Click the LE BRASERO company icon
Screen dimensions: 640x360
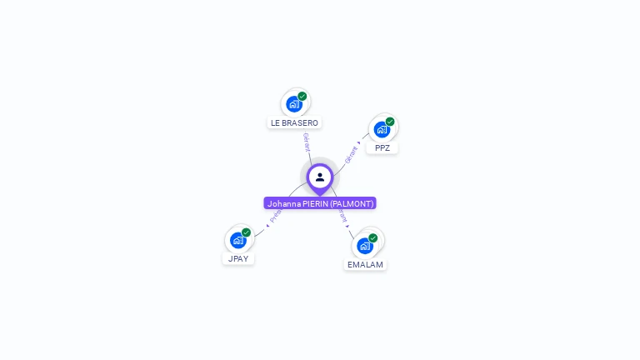click(x=293, y=104)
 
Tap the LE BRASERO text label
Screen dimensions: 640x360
click(x=294, y=122)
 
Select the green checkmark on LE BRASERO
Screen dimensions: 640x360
click(x=302, y=97)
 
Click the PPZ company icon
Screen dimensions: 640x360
click(x=382, y=129)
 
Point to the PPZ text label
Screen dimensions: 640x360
click(x=382, y=147)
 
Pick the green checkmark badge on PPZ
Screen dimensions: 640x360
click(x=390, y=122)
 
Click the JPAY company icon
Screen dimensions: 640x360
click(x=238, y=240)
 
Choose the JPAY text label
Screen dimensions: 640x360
click(x=238, y=258)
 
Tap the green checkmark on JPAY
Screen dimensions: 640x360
click(x=247, y=232)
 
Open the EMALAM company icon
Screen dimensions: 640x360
click(x=364, y=246)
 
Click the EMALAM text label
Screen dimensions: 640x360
click(x=365, y=264)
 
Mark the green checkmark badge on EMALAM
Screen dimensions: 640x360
click(x=373, y=238)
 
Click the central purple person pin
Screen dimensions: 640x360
click(x=320, y=177)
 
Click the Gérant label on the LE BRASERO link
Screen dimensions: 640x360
click(x=307, y=142)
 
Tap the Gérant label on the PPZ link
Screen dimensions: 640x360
click(x=352, y=154)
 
